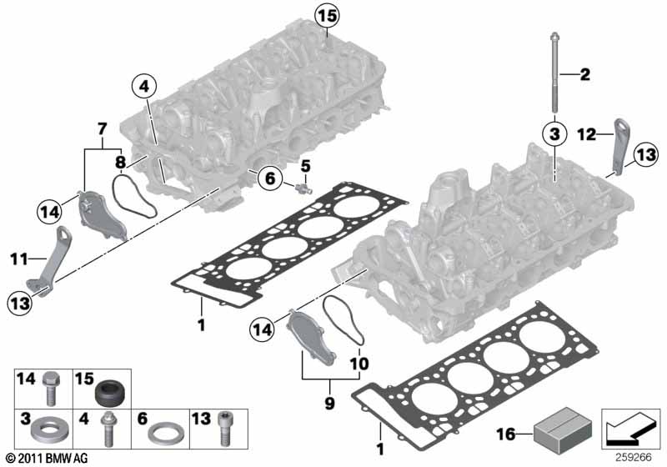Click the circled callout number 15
pyautogui.click(x=328, y=15)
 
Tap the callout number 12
pyautogui.click(x=586, y=133)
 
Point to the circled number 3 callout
pyautogui.click(x=553, y=133)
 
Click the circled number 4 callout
pyautogui.click(x=144, y=87)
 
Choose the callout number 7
pyautogui.click(x=103, y=128)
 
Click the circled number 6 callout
pyautogui.click(x=268, y=177)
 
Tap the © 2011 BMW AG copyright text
pyautogui.click(x=45, y=458)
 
